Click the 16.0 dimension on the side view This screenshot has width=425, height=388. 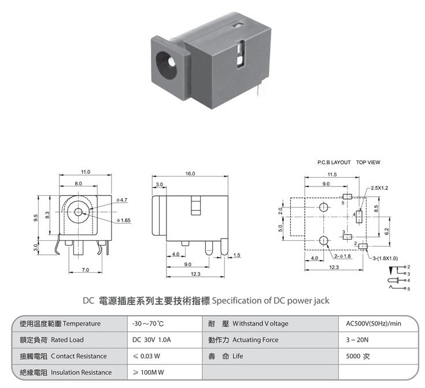[x=190, y=174]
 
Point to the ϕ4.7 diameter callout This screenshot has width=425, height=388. [x=121, y=200]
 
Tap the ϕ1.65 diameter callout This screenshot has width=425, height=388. [x=124, y=220]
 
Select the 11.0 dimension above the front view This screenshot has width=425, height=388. [x=86, y=172]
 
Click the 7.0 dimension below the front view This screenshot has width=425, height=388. [x=86, y=270]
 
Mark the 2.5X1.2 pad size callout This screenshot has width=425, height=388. [x=379, y=188]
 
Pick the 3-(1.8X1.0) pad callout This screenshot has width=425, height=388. [x=385, y=258]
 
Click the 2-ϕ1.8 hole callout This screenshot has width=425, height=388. [x=342, y=256]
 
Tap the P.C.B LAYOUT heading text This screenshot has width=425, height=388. [x=334, y=162]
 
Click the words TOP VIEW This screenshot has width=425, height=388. [x=368, y=162]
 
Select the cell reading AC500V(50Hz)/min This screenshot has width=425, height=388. [x=374, y=324]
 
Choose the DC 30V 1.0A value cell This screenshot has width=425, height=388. [x=151, y=340]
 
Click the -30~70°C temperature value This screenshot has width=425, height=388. [x=148, y=324]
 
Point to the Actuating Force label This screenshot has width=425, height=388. [x=256, y=340]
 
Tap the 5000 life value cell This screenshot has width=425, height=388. [x=358, y=356]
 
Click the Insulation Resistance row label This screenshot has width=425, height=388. [x=82, y=372]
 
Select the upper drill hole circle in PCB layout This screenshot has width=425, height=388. [x=324, y=207]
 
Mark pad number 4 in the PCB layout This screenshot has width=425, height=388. [x=359, y=217]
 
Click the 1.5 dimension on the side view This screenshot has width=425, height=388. [x=236, y=255]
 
